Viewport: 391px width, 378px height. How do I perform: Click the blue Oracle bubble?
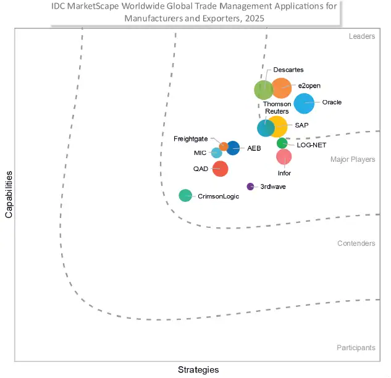tap(304, 103)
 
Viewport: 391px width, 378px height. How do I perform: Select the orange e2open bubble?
tap(281, 88)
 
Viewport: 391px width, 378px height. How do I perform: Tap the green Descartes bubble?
tap(264, 90)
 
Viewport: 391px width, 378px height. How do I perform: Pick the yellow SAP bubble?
tap(277, 126)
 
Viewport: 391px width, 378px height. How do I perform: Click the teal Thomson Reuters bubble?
tap(266, 128)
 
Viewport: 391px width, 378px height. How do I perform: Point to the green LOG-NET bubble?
tap(282, 143)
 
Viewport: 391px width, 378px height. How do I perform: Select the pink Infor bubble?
tap(284, 157)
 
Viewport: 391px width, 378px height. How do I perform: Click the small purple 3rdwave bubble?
tap(250, 187)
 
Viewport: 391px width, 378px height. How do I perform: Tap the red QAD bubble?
tap(220, 168)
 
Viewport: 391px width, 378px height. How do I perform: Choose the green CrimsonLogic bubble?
tap(185, 196)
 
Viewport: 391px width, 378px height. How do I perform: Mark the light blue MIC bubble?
tap(216, 153)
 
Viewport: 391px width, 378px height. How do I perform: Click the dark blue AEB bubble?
tap(233, 148)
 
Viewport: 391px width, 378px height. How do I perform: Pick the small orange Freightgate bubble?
tap(224, 146)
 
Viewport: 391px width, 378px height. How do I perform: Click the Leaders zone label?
tap(361, 36)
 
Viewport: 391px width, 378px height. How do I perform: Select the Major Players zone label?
tap(352, 159)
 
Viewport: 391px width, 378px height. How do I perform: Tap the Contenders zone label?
tap(356, 243)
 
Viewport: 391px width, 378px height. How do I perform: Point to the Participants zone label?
tap(355, 348)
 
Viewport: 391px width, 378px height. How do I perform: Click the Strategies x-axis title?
tap(198, 369)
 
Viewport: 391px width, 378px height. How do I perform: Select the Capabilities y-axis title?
tap(9, 195)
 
